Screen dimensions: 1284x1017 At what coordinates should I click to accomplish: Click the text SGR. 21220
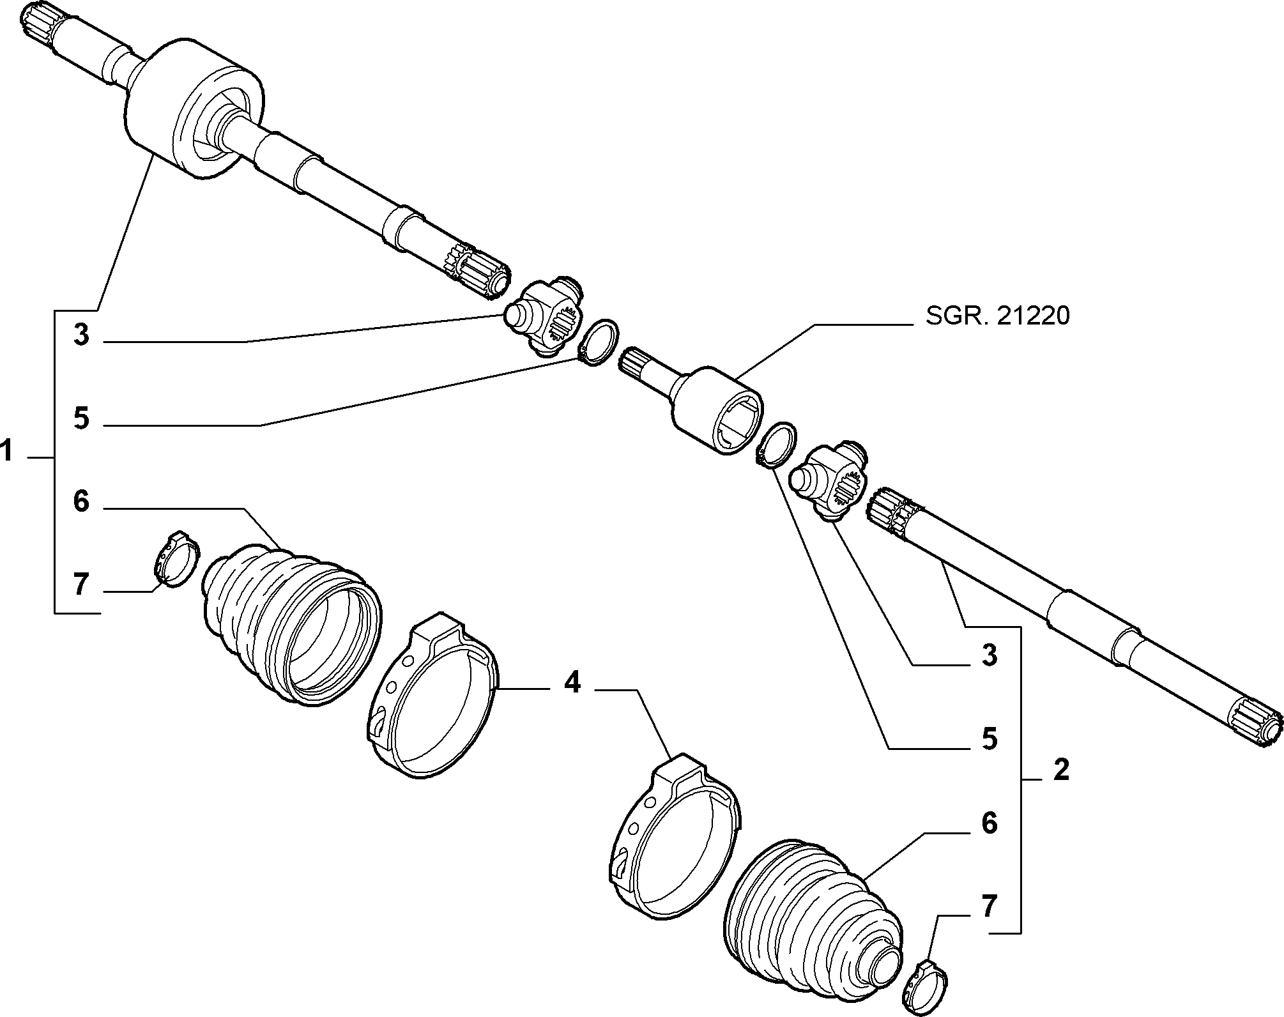click(x=998, y=316)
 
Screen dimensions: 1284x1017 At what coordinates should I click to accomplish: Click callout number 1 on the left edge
click(x=7, y=452)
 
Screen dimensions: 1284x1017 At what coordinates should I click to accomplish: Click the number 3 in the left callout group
click(x=81, y=335)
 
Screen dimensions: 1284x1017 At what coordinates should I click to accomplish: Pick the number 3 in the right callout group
click(x=989, y=655)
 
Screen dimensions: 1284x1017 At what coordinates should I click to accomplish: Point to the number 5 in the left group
click(x=81, y=418)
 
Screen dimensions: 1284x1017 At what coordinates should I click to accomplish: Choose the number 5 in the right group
click(x=989, y=738)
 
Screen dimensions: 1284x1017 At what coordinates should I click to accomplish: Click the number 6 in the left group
click(x=81, y=501)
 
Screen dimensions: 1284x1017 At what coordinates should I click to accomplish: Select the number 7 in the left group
click(x=81, y=585)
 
